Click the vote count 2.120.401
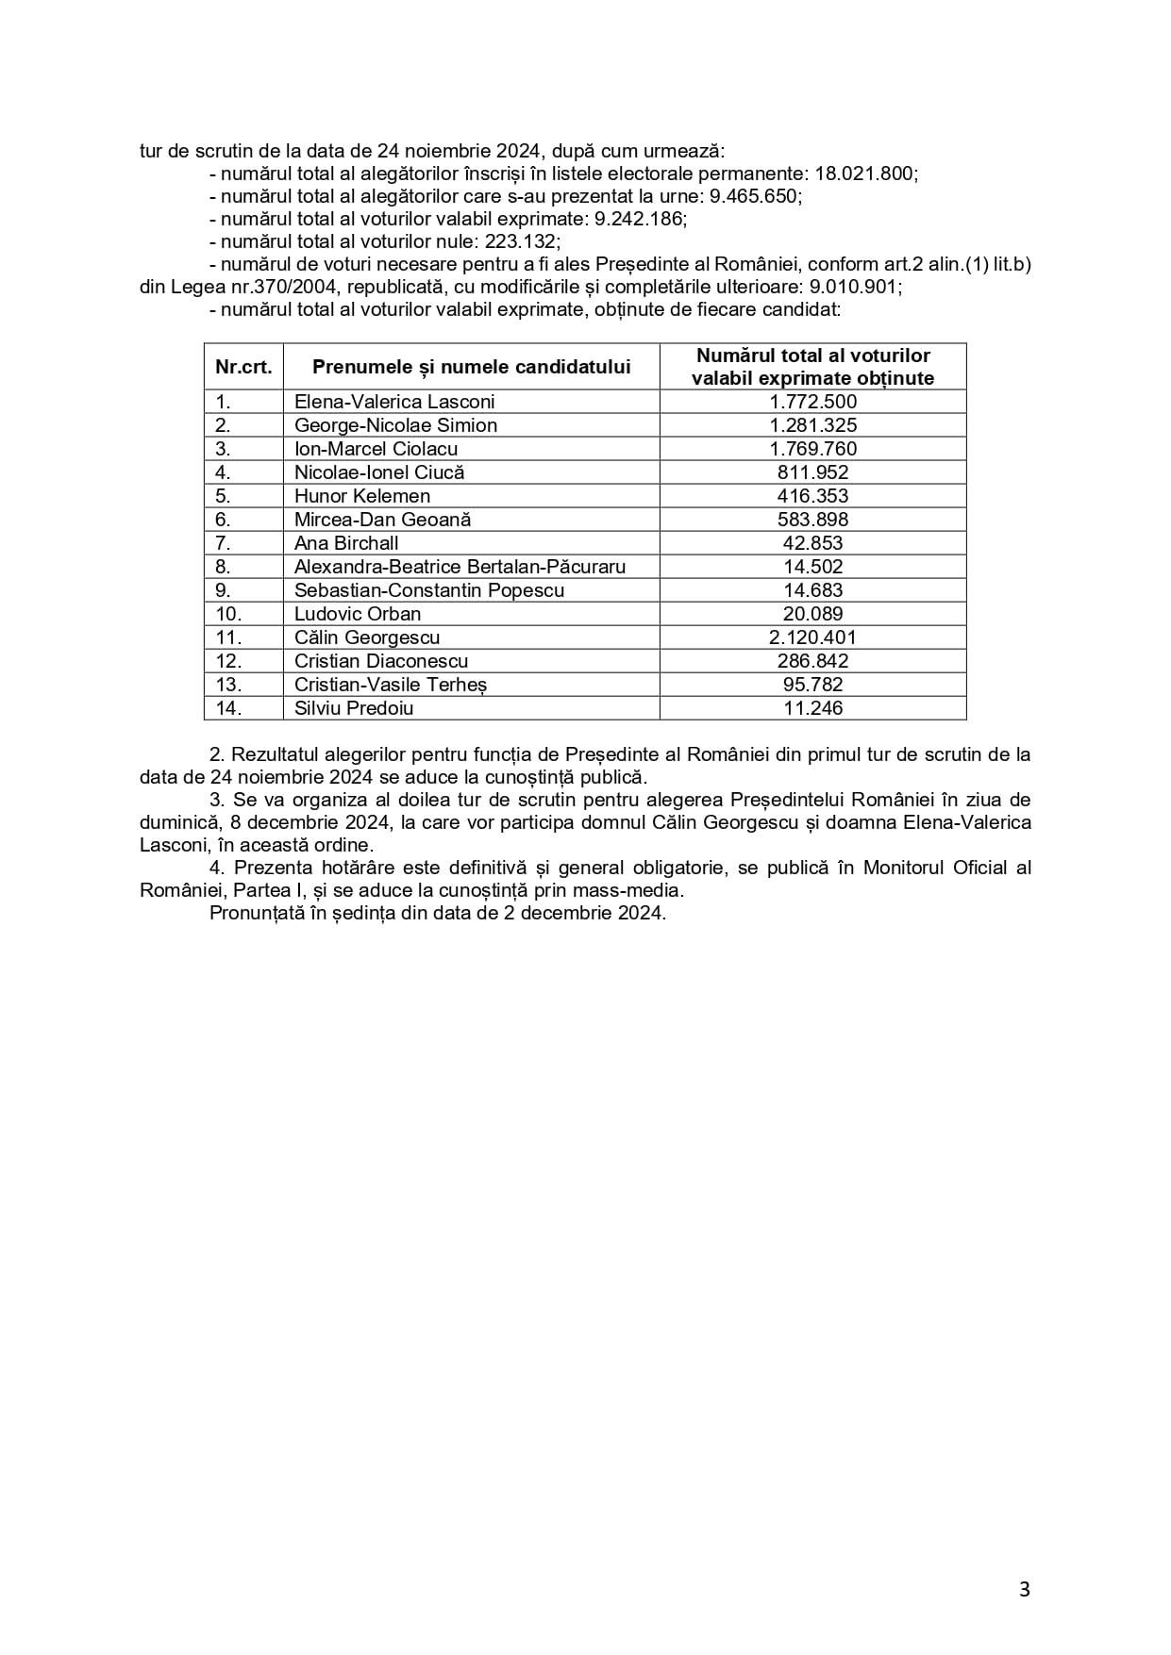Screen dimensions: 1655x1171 point(812,637)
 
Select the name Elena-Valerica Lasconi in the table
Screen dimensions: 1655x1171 point(394,402)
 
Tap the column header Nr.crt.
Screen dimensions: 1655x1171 point(243,367)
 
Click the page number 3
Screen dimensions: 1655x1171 point(1025,1590)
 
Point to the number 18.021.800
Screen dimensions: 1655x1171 point(865,174)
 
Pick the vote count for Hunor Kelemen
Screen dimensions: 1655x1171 point(812,496)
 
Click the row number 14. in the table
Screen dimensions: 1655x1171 point(228,708)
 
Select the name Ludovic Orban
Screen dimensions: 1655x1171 point(358,614)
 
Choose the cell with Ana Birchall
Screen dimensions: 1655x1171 point(346,543)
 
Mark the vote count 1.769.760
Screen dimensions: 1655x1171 point(812,449)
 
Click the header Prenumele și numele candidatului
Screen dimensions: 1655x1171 point(471,367)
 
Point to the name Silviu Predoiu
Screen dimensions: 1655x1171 point(354,708)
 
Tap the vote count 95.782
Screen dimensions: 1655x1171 point(812,685)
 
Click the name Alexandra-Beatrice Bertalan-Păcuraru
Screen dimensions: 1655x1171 point(460,567)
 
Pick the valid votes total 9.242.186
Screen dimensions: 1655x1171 point(639,219)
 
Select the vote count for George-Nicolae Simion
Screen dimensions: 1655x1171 point(812,425)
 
